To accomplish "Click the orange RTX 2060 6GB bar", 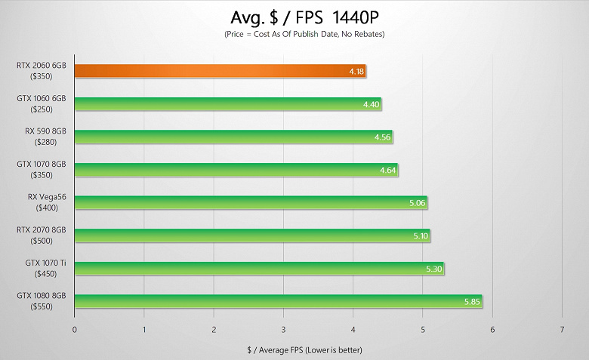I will click(x=219, y=72).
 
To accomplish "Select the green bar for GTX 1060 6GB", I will click(x=227, y=104).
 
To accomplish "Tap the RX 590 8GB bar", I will click(x=233, y=137).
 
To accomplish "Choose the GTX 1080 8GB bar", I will click(x=277, y=301).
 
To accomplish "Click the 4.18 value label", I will click(x=357, y=72).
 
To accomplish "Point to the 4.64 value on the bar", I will click(x=388, y=170).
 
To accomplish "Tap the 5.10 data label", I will click(x=420, y=235).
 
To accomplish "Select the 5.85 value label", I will click(x=472, y=301).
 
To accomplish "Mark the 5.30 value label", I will click(x=434, y=268).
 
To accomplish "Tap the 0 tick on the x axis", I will click(x=74, y=329).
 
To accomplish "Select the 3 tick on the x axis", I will click(x=283, y=329).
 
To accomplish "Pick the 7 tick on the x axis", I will click(x=562, y=329).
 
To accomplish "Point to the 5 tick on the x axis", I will click(x=422, y=329).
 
